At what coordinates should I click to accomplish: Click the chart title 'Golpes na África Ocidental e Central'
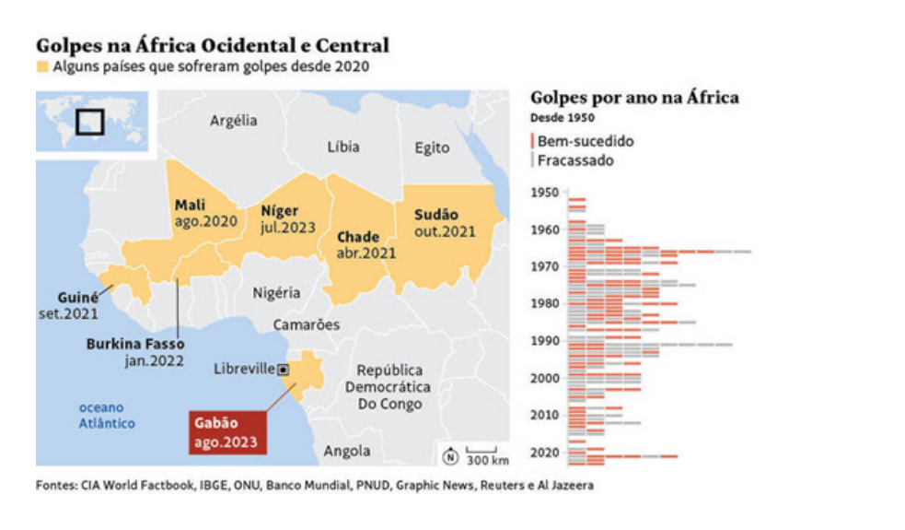point(213,45)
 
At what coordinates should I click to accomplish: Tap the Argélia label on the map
point(233,121)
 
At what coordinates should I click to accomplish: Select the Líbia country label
point(343,147)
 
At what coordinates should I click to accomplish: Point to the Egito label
point(432,148)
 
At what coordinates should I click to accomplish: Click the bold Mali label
point(190,206)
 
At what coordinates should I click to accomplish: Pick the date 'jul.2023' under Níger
point(288,228)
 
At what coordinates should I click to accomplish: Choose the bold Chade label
point(358,237)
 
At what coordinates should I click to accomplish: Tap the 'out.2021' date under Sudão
point(445,231)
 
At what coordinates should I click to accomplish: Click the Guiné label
point(78,298)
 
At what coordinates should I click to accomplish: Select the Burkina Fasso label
point(135,344)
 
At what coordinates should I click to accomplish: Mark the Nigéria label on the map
point(276,293)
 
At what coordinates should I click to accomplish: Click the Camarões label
point(306,324)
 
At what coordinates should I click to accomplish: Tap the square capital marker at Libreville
point(284,370)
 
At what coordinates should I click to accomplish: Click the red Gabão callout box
point(228,432)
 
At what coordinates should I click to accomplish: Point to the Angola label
point(346,451)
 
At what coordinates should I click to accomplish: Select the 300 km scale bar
point(482,450)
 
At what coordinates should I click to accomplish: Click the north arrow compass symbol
point(450,456)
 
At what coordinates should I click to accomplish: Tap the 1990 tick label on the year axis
point(545,341)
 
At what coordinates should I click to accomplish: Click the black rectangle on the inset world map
point(90,122)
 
